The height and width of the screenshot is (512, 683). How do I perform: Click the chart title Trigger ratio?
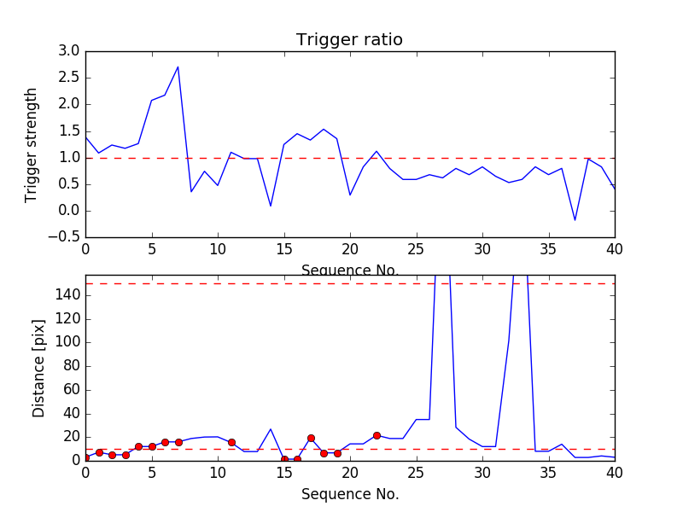coord(349,40)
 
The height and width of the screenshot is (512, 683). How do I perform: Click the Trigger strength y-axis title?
coord(32,144)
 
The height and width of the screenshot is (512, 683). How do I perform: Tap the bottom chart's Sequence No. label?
coord(350,494)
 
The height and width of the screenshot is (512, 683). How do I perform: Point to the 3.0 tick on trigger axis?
coord(69,51)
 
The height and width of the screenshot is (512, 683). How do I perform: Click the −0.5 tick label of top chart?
coord(64,237)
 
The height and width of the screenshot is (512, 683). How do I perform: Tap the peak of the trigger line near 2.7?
coord(178,67)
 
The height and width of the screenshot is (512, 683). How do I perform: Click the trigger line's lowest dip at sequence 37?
coord(575,220)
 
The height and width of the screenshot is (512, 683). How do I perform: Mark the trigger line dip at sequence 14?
coord(271,206)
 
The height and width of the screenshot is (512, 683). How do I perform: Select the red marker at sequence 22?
coord(377,435)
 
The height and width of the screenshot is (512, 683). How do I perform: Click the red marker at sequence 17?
coord(311,438)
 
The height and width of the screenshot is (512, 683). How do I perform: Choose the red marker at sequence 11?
coord(231,442)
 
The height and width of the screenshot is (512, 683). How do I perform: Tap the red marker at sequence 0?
coord(85,458)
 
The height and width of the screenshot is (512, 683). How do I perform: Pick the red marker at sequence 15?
coord(284,459)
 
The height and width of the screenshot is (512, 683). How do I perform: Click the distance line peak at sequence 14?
coord(271,429)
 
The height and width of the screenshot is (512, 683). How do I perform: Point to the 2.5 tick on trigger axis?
coord(69,78)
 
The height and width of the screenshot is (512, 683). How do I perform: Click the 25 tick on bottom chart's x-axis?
coord(416,474)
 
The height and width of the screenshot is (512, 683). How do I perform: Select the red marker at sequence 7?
coord(178,442)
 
